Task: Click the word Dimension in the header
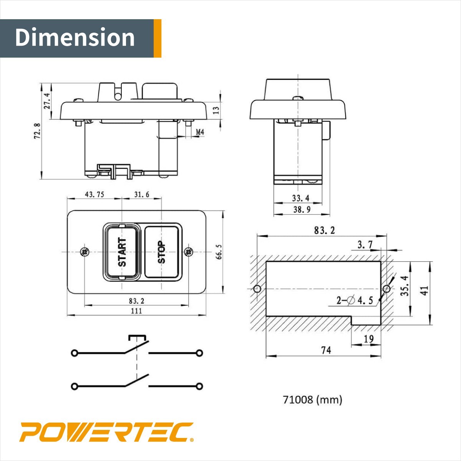click(x=75, y=37)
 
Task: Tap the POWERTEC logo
click(x=106, y=432)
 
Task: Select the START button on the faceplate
click(x=122, y=252)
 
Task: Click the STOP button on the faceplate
click(x=162, y=252)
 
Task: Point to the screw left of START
click(x=85, y=252)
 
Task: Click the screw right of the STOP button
click(x=189, y=252)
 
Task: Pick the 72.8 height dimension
click(x=37, y=131)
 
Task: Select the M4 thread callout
click(x=200, y=133)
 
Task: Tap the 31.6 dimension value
click(x=141, y=194)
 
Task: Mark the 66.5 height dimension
click(x=219, y=252)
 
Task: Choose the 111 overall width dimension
click(x=136, y=311)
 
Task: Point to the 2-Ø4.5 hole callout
click(x=355, y=300)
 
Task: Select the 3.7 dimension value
click(x=365, y=245)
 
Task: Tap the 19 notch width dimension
click(x=368, y=339)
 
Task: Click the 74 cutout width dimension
click(x=326, y=350)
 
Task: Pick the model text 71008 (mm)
click(x=312, y=400)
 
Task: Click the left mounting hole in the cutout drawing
click(x=257, y=289)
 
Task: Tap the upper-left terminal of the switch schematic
click(x=74, y=353)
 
